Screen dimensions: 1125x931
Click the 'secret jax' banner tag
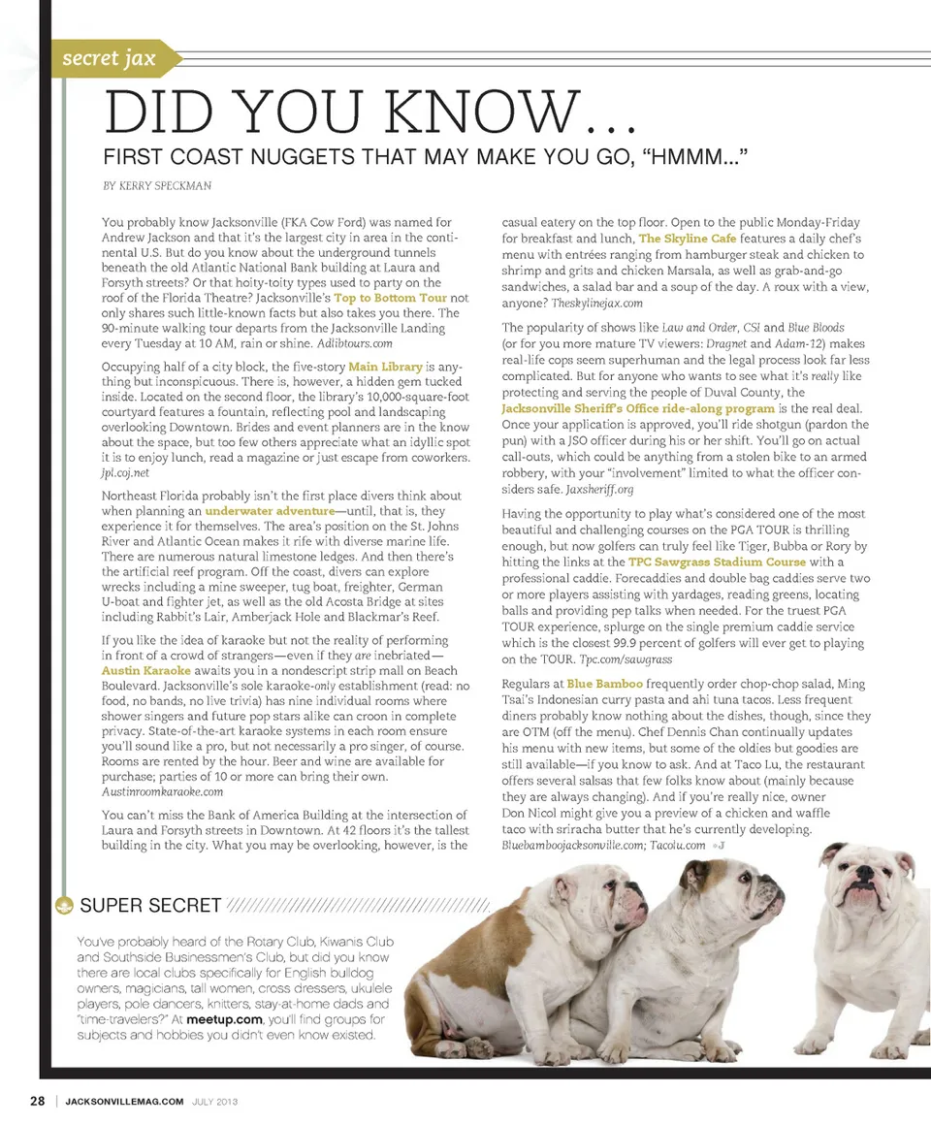tap(109, 59)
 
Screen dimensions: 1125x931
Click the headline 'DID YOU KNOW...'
tap(369, 114)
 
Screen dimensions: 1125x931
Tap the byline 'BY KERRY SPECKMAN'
tap(156, 184)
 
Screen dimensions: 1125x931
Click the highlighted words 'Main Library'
tap(386, 367)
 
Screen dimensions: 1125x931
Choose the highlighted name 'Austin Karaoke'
tap(146, 670)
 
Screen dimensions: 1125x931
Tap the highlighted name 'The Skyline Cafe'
tap(688, 238)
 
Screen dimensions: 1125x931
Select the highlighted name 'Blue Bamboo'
tap(605, 684)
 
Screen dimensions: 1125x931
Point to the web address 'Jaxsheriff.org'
tap(599, 490)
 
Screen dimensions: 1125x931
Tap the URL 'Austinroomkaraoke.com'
tap(162, 791)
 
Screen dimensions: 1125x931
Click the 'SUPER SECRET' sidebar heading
tap(150, 906)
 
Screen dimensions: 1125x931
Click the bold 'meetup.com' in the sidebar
tap(225, 1019)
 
